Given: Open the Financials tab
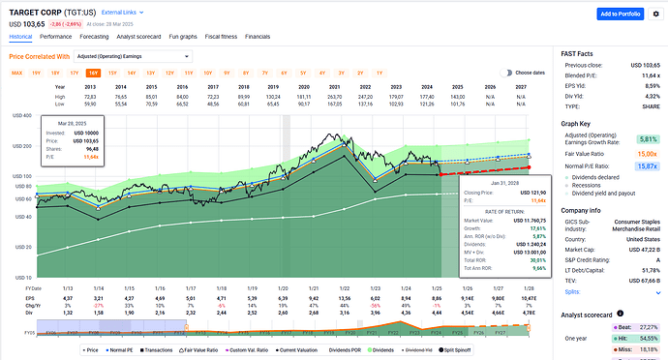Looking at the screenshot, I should pyautogui.click(x=258, y=36).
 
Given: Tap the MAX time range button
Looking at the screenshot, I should pyautogui.click(x=16, y=73).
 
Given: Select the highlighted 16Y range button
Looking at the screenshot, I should pyautogui.click(x=93, y=73).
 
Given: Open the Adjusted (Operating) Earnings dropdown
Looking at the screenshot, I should pyautogui.click(x=139, y=56).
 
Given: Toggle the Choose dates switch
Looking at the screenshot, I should pyautogui.click(x=506, y=73).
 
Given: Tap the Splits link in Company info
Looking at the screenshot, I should pyautogui.click(x=573, y=291).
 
